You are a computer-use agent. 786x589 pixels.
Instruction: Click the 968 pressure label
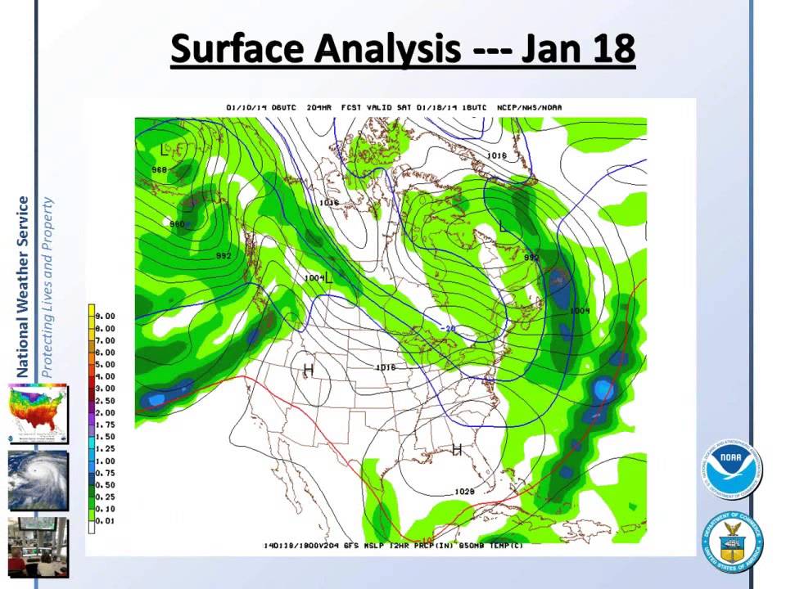pos(159,169)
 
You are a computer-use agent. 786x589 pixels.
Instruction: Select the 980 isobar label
pos(177,223)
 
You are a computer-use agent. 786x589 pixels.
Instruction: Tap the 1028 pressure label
pos(464,492)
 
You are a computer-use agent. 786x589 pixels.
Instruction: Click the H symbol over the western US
pos(309,371)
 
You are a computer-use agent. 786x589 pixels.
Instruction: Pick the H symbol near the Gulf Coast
pos(457,449)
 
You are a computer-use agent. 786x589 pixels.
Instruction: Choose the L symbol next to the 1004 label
pos(330,278)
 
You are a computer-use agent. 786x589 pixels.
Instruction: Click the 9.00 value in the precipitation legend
pos(106,316)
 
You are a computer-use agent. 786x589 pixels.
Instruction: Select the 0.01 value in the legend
pos(106,521)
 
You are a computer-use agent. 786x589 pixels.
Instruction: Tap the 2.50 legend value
pos(106,401)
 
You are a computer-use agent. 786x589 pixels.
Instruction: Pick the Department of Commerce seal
pos(730,542)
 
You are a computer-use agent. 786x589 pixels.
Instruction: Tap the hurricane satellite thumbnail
pos(38,480)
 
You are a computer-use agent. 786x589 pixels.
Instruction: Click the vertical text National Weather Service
pos(23,287)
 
